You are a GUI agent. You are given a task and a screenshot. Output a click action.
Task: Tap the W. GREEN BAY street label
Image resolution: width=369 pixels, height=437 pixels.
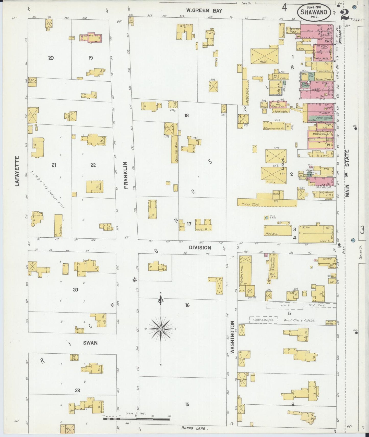204,10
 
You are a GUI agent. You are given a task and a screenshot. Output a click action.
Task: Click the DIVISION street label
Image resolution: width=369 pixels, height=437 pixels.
200,248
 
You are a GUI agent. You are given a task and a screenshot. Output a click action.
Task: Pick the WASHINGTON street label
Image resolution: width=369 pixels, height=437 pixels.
232,337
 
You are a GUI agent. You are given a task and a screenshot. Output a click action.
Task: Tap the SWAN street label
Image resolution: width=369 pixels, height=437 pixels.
90,343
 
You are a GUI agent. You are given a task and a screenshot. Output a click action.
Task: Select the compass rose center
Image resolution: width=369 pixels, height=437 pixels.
161,329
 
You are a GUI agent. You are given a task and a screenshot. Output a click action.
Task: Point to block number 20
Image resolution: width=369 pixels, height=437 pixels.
51,58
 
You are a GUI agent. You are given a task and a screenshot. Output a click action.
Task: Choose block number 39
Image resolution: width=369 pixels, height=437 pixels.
75,290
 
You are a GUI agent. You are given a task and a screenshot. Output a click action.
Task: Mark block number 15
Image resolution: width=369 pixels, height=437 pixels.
187,404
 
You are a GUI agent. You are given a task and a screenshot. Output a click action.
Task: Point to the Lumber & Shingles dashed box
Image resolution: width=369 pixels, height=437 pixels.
263,320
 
